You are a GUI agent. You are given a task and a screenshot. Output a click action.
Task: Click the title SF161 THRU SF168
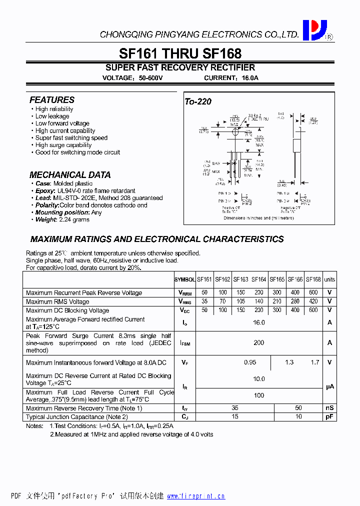click(180, 53)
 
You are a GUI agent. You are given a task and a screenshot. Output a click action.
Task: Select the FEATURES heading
click(51, 100)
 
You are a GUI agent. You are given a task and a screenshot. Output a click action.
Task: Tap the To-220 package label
click(198, 101)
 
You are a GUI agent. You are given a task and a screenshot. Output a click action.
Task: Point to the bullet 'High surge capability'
click(63, 145)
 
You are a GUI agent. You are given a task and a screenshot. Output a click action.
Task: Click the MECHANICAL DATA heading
click(70, 175)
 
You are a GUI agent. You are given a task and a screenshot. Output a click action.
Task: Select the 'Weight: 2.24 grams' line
click(62, 219)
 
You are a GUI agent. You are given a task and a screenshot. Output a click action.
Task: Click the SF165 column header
click(277, 279)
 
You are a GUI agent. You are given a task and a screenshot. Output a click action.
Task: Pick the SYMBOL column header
click(184, 279)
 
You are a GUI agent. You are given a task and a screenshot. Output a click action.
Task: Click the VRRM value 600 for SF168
click(313, 292)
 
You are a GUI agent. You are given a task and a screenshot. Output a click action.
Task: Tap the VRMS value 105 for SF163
click(240, 301)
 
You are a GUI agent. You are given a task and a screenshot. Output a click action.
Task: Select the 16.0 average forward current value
click(258, 322)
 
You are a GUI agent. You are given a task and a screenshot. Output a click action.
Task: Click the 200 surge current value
click(258, 343)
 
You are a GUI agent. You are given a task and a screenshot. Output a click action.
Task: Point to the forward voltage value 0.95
click(250, 362)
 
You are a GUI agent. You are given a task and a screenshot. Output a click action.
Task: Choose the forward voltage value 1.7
click(314, 362)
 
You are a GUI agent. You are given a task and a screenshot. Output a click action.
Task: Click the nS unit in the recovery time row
click(329, 408)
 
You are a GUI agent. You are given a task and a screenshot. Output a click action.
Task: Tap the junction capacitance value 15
click(235, 416)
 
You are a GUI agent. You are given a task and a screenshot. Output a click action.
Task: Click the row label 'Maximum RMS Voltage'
click(57, 301)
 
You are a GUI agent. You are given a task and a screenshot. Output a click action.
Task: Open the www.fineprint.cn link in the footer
click(195, 496)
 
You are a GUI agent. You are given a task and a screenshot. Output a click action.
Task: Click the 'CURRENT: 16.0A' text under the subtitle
click(231, 78)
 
